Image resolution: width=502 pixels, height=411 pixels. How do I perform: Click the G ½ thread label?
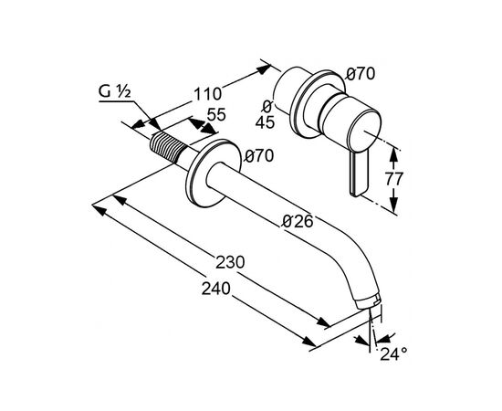click(114, 91)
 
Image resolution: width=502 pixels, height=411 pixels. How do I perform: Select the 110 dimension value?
click(207, 94)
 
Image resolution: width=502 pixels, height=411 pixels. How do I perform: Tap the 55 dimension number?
click(216, 114)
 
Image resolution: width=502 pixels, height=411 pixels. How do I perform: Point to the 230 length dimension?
click(230, 262)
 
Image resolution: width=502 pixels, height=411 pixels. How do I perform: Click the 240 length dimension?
click(215, 289)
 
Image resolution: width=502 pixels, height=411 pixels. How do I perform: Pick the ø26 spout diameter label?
click(298, 221)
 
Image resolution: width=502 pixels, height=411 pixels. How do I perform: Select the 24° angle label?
click(393, 354)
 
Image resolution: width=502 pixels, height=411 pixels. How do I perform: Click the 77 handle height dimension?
click(392, 179)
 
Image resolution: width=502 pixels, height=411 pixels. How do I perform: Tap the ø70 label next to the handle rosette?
click(361, 74)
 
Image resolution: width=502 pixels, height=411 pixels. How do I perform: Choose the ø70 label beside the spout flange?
click(259, 156)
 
